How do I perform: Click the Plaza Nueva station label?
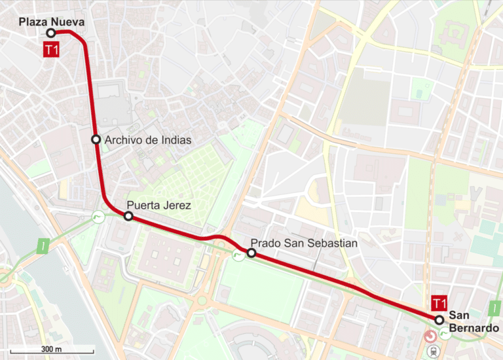point(52,22)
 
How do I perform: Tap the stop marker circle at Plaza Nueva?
point(50,33)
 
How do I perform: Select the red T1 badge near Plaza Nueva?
point(51,49)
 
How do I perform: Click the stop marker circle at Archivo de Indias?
point(96,139)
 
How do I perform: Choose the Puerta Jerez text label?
point(158,206)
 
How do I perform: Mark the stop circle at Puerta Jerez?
point(128,216)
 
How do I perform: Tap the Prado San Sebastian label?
point(304,243)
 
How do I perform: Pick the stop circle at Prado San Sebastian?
point(251,253)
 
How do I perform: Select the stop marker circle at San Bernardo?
point(439,319)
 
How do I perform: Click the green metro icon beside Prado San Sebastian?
point(236,254)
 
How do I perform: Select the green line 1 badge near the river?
point(43,247)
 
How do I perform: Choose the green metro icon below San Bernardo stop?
point(446,334)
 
